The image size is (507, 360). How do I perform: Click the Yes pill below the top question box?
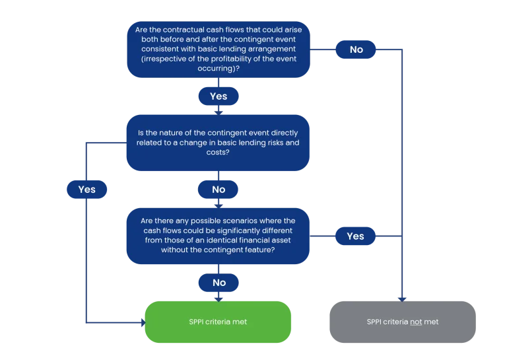coord(219,96)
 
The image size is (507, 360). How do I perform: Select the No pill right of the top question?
coord(356,50)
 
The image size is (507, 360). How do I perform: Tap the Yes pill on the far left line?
coord(86,189)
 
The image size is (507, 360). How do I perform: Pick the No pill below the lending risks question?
coord(219,189)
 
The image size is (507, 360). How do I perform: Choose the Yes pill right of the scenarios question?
coord(355,236)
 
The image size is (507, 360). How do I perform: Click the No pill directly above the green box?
coord(219,283)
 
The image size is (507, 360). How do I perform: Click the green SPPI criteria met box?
coord(218,322)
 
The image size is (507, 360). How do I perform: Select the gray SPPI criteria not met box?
coord(403,322)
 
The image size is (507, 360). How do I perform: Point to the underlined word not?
coord(416,322)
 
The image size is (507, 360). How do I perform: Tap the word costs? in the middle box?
coord(218,152)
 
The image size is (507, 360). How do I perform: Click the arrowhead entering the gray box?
coord(402,299)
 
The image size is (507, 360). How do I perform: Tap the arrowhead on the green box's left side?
coord(143,322)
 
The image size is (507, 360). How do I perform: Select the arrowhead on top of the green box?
coord(219,299)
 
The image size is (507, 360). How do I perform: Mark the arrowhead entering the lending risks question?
coord(219,112)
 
